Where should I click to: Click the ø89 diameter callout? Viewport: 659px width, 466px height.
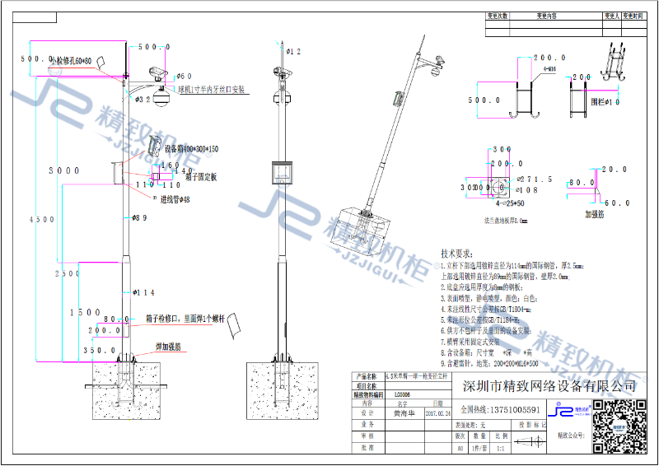140,218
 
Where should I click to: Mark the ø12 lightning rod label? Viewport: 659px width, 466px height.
293,52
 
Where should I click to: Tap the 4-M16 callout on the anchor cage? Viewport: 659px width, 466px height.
549,71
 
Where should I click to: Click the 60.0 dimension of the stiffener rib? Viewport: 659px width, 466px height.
617,203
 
